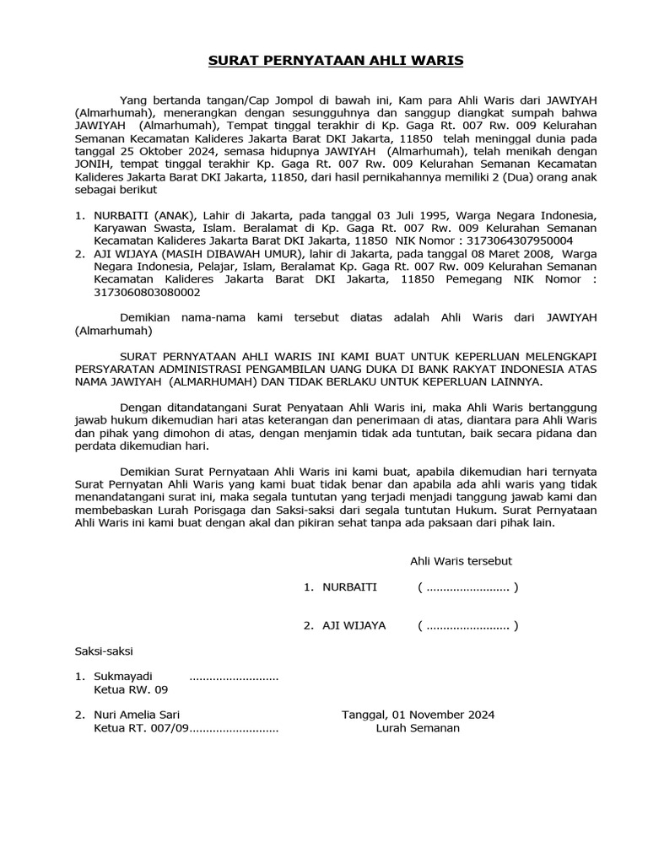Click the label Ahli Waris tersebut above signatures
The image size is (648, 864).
pyautogui.click(x=461, y=561)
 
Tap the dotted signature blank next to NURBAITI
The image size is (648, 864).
pyautogui.click(x=467, y=587)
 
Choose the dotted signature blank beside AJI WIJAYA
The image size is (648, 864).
pyautogui.click(x=467, y=625)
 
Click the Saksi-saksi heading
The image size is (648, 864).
pyautogui.click(x=104, y=651)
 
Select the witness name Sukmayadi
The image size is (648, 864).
pyautogui.click(x=123, y=677)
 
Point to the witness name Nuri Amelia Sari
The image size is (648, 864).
pyautogui.click(x=137, y=715)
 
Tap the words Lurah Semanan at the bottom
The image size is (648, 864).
pyautogui.click(x=418, y=728)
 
